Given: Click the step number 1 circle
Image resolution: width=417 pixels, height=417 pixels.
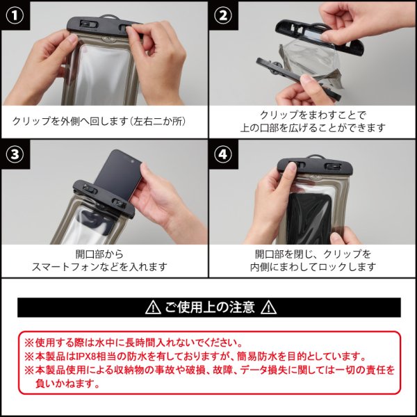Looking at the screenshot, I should (x=14, y=14).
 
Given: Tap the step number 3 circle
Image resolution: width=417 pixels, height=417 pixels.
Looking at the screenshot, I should (x=14, y=154).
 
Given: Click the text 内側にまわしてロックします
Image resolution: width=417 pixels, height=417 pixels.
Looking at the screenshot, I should (x=313, y=266).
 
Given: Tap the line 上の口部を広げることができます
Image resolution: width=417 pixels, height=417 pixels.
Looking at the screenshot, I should (x=313, y=128).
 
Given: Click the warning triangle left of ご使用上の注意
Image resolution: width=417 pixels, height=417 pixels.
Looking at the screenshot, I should (x=152, y=307).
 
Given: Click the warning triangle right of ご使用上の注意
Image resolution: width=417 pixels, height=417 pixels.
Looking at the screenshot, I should (x=269, y=307).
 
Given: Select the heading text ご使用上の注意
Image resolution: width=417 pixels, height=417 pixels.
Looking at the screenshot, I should (x=210, y=307).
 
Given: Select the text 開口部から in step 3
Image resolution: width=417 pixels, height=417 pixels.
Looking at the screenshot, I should (x=99, y=253).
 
